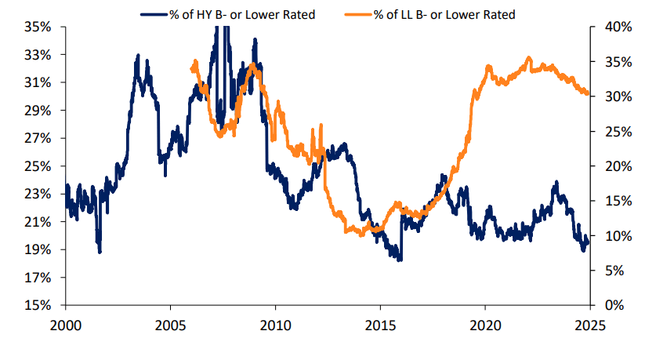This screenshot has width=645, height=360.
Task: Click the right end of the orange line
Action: (588, 93)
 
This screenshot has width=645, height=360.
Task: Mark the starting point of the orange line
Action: (192, 69)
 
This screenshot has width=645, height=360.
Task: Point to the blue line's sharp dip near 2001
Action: (100, 251)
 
